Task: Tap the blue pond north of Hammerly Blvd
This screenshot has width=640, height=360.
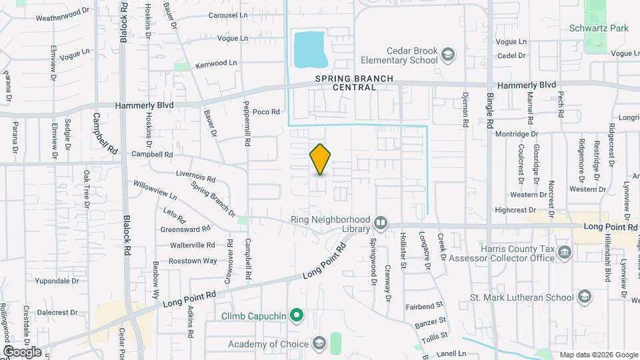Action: click(x=309, y=49)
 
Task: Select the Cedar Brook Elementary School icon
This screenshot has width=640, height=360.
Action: click(x=448, y=53)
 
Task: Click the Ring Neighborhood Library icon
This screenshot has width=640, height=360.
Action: click(x=381, y=222)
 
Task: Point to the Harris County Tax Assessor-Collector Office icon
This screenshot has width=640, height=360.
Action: click(x=565, y=252)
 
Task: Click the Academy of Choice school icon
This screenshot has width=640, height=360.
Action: click(x=319, y=344)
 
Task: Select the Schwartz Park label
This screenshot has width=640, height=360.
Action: click(x=599, y=29)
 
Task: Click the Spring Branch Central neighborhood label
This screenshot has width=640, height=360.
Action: click(x=354, y=83)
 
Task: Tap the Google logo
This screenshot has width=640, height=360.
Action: click(x=22, y=351)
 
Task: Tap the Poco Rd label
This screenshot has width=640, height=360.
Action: click(x=266, y=112)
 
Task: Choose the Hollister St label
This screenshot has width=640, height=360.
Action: click(x=404, y=251)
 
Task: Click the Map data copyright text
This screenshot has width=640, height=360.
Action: click(x=598, y=355)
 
